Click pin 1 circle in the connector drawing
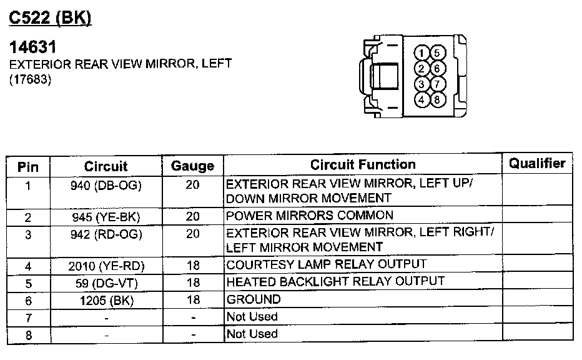(423, 52)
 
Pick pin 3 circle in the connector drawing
(423, 84)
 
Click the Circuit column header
(106, 166)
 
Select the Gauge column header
(193, 166)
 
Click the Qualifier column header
(537, 164)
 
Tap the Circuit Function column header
(363, 165)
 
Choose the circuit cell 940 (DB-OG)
(106, 186)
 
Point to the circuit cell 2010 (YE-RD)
(106, 266)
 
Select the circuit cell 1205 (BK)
(106, 300)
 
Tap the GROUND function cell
(254, 299)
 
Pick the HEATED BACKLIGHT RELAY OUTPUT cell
(335, 281)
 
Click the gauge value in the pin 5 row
(193, 283)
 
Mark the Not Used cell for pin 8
(252, 334)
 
